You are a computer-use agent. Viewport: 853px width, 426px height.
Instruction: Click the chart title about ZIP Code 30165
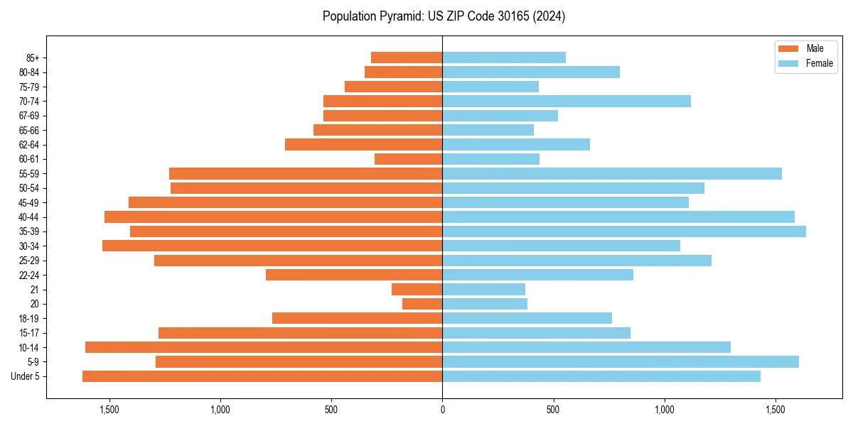point(444,16)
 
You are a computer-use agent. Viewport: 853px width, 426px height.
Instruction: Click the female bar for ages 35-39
point(624,231)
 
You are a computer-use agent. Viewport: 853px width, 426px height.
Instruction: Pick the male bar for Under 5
point(262,376)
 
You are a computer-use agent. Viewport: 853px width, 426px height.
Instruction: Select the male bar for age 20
point(422,304)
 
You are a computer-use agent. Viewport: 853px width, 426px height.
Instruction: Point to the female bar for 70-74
point(567,101)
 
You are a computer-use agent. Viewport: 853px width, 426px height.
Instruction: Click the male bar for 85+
point(407,58)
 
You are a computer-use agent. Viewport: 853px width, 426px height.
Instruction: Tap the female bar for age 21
point(484,289)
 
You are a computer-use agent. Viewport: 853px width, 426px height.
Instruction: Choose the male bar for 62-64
point(364,144)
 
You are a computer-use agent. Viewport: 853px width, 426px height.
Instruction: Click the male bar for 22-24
point(354,275)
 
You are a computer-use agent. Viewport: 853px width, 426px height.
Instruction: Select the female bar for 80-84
point(531,72)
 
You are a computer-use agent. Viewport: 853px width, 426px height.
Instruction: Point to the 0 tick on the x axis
point(442,410)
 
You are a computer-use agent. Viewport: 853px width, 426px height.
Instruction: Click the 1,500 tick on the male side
point(109,410)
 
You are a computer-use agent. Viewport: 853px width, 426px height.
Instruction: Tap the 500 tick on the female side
point(553,410)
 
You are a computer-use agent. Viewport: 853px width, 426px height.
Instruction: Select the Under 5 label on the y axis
point(26,376)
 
